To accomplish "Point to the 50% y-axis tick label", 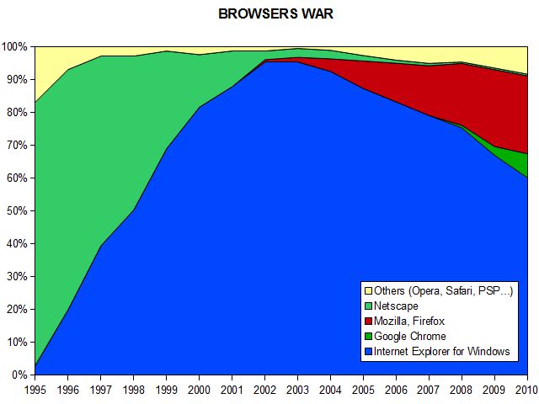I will click(x=17, y=210).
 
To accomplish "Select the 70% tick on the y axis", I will click(x=17, y=145).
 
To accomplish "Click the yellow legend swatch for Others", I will click(x=366, y=291).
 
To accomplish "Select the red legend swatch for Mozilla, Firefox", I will click(x=366, y=322).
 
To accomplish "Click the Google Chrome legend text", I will click(x=410, y=337).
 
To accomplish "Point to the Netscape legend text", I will click(x=396, y=306).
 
